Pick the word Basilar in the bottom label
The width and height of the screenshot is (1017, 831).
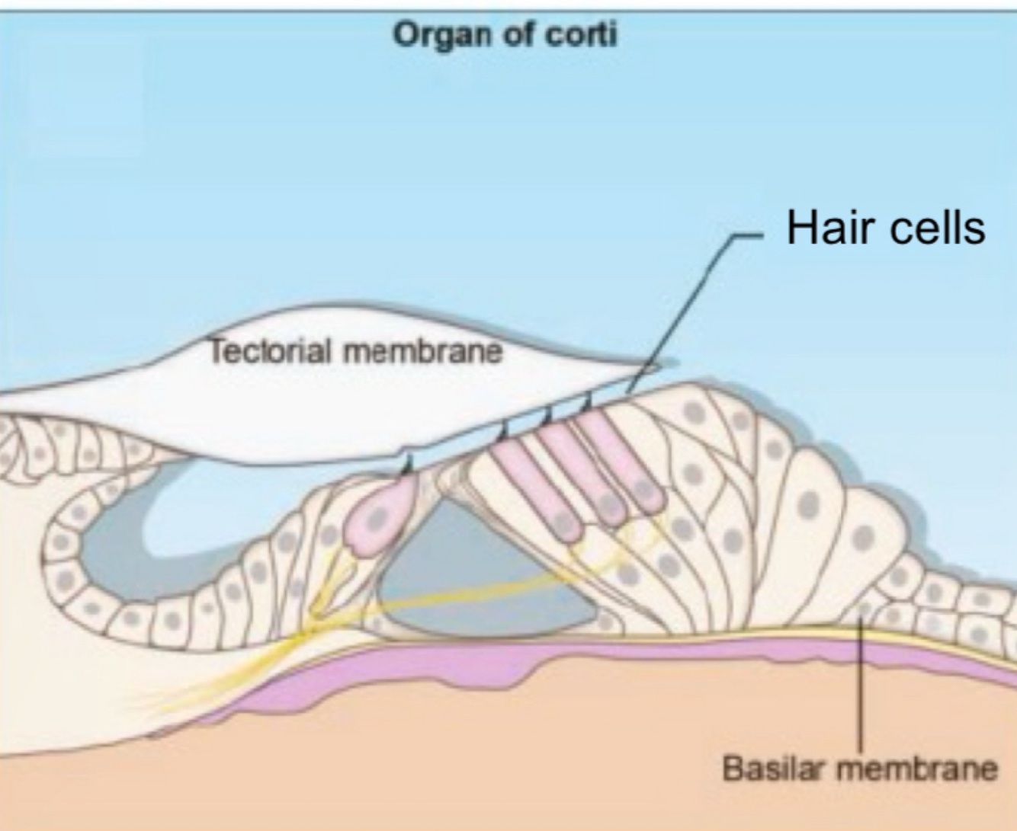773,768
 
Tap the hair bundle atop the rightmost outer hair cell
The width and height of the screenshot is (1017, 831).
588,400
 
